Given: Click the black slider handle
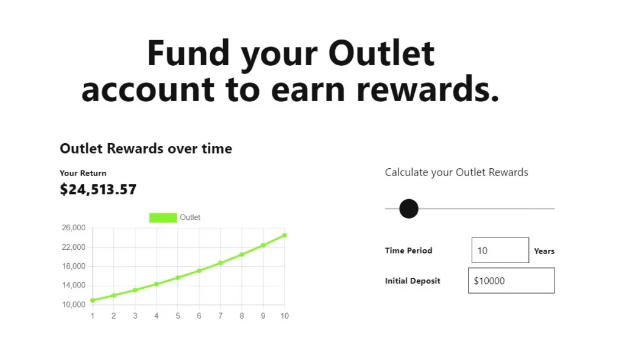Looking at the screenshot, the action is click(x=409, y=208).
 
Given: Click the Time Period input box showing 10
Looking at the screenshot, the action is click(x=500, y=250).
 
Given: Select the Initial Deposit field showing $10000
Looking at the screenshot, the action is click(x=511, y=280).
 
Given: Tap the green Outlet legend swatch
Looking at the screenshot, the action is click(x=163, y=217).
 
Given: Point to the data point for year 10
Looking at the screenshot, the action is click(x=285, y=236).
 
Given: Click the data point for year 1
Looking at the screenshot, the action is click(x=93, y=300).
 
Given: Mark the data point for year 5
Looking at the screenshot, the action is click(x=178, y=278).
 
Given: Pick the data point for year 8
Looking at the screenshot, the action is click(x=241, y=255).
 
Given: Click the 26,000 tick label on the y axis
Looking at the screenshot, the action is click(x=74, y=228).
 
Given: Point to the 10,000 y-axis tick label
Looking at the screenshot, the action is click(x=74, y=305).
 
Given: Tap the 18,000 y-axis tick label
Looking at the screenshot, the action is click(x=74, y=266).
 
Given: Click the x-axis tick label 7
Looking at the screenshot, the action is click(x=221, y=316).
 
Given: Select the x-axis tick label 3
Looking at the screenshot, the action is click(x=135, y=316).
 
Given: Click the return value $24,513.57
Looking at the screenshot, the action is click(x=98, y=189).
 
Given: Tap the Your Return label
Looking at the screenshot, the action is click(x=83, y=173).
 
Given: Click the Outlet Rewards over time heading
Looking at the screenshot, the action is click(x=146, y=149).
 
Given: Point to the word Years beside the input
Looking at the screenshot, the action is click(x=544, y=251).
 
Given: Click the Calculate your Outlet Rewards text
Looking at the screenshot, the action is click(x=456, y=172).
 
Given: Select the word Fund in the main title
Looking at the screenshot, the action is click(x=189, y=54).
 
